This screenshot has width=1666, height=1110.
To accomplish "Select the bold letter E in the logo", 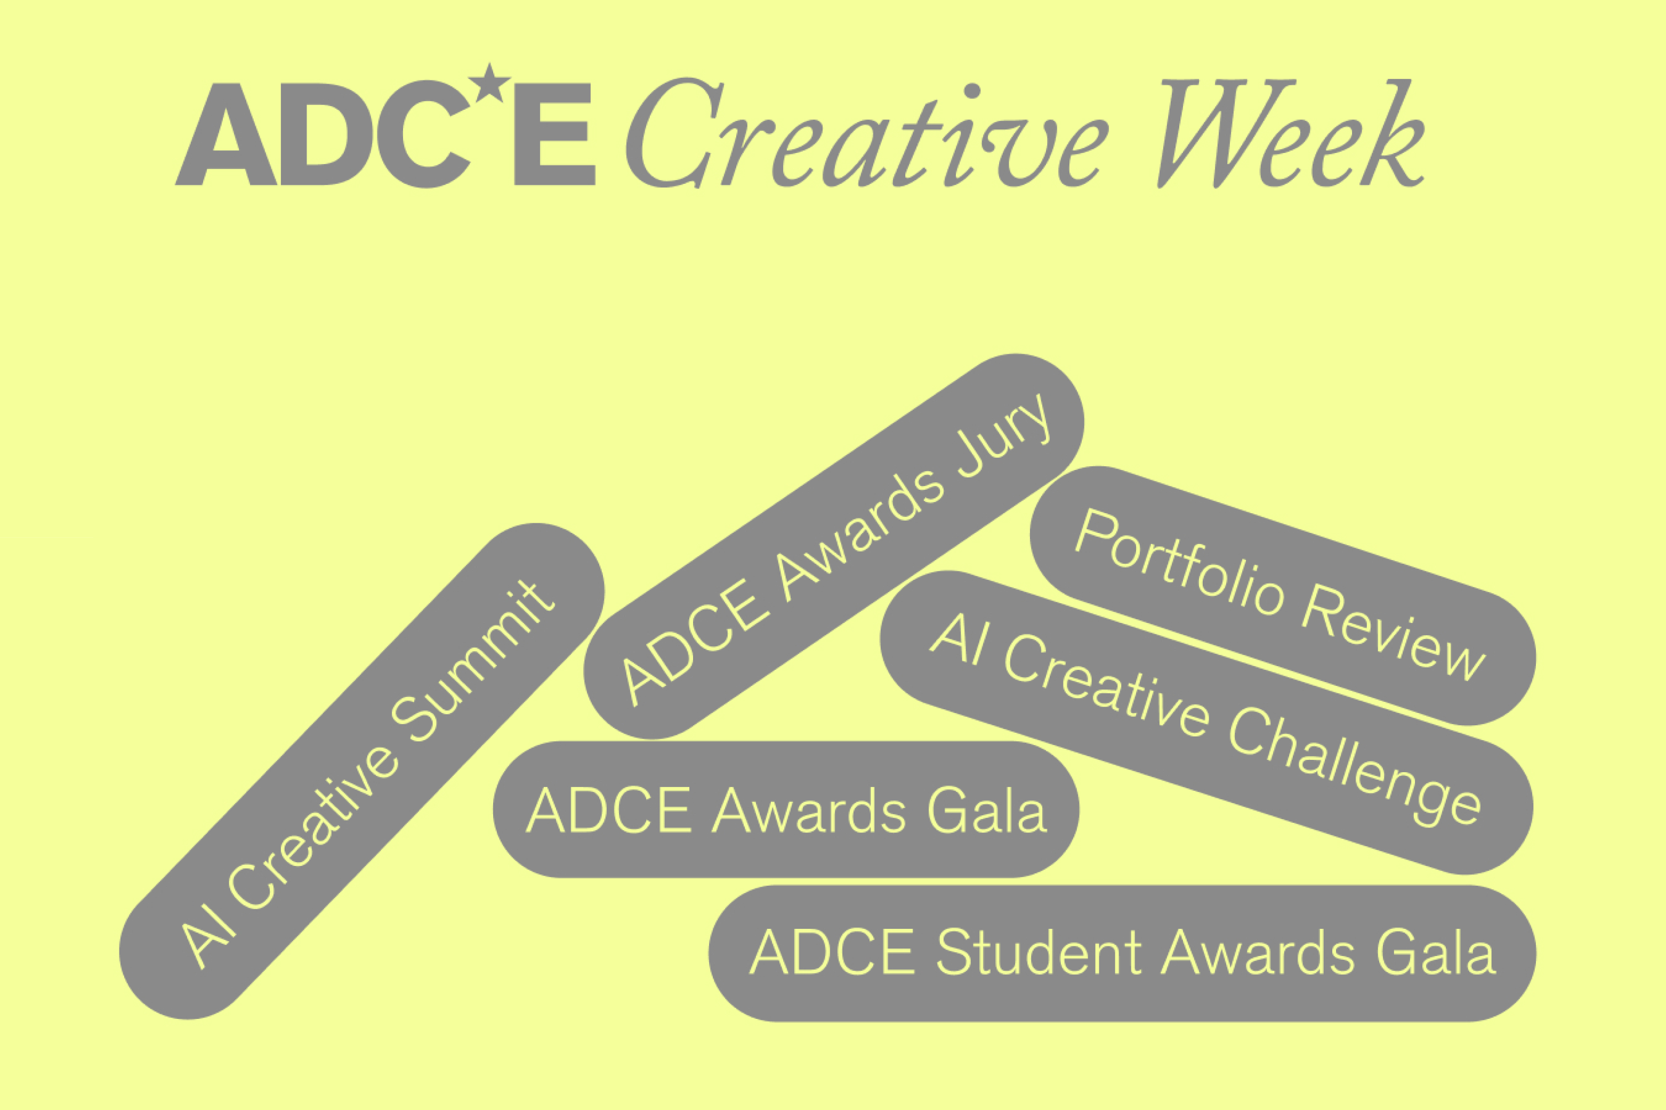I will pos(554,134).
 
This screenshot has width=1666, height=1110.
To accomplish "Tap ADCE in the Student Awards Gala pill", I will pos(832,952).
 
